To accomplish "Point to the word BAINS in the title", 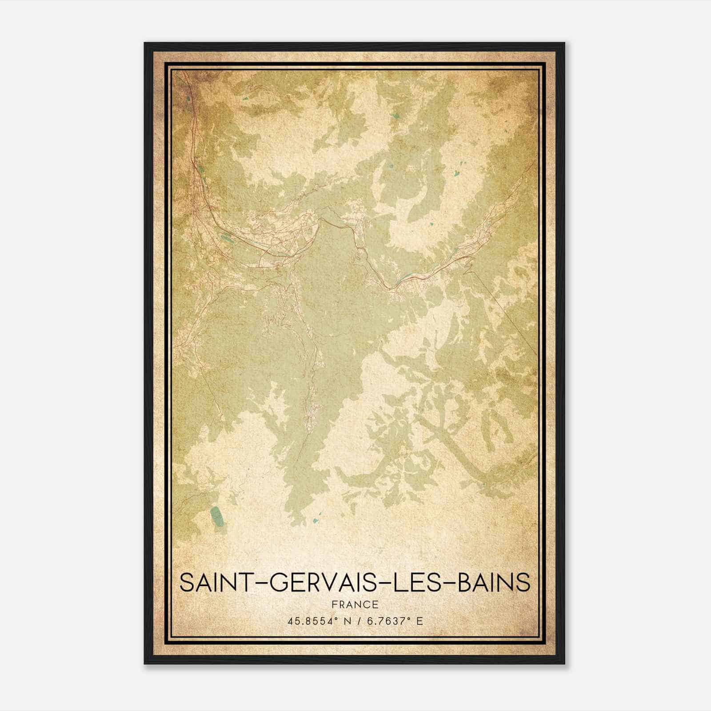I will click(x=494, y=583).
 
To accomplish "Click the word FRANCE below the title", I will click(x=355, y=605).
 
